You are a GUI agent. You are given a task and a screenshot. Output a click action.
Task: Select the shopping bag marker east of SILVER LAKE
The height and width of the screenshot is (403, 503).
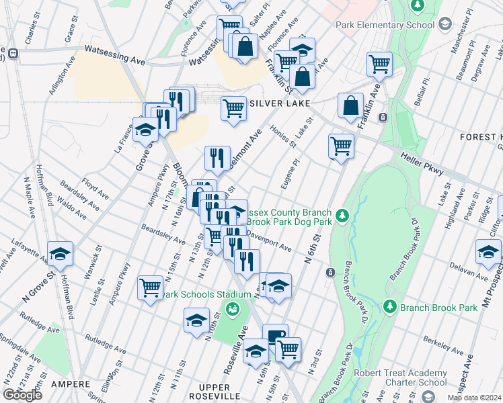(x=350, y=106)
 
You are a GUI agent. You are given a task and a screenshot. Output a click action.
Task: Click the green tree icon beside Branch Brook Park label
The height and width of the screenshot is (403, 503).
(x=389, y=306)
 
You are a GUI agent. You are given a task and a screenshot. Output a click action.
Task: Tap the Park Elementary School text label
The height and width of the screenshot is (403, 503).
(x=385, y=26)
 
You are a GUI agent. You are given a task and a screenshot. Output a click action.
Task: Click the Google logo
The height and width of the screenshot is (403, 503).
(x=22, y=395)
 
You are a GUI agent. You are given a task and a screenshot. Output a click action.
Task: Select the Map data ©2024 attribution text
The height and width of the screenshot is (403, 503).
(x=474, y=398)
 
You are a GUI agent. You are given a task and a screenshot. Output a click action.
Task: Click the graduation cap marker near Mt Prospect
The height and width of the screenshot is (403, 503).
(x=488, y=253)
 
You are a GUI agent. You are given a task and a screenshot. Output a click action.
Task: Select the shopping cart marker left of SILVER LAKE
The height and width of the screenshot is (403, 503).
(x=233, y=107)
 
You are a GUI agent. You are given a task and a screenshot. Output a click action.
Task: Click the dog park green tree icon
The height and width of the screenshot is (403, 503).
(x=343, y=215)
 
